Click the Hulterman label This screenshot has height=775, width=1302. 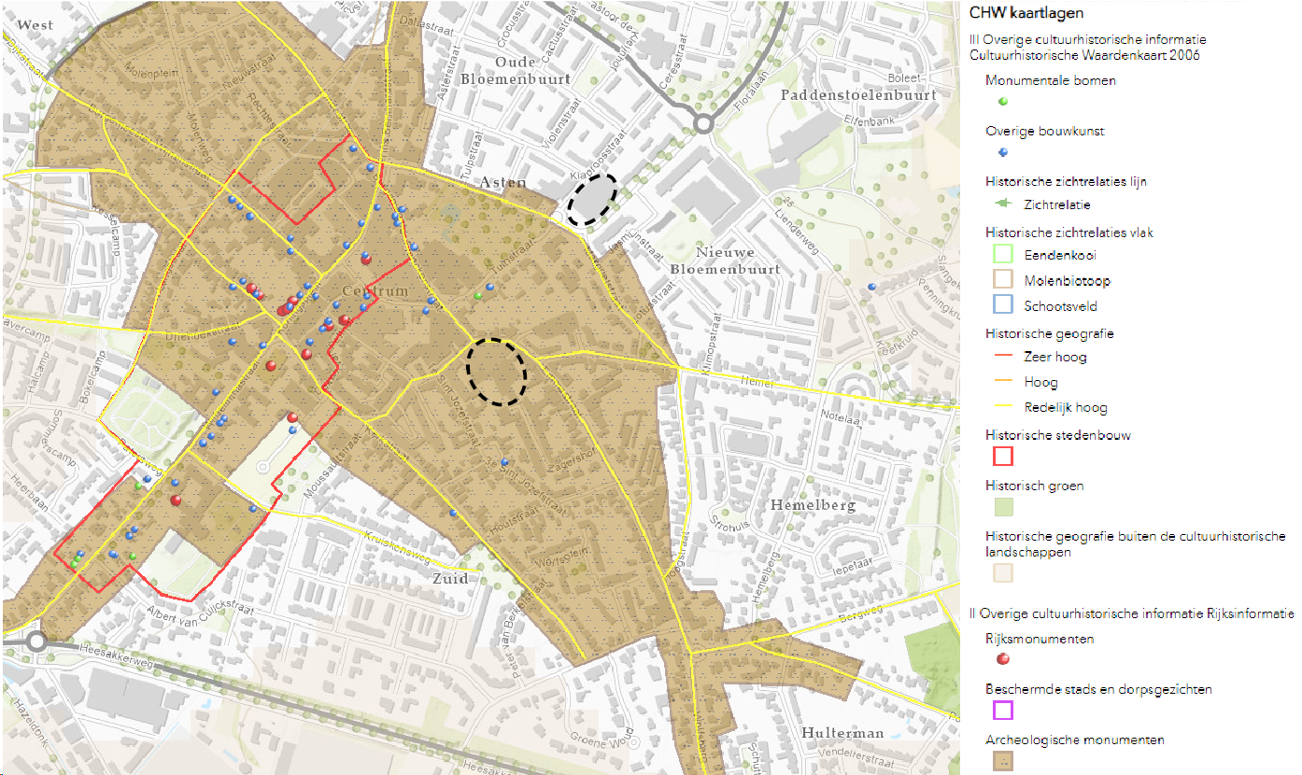(x=842, y=734)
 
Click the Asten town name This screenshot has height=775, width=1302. (x=503, y=183)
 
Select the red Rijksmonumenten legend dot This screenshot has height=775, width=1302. (x=1002, y=659)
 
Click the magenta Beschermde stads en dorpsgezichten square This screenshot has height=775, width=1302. (x=1002, y=711)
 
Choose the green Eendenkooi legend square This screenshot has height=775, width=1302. (x=1002, y=253)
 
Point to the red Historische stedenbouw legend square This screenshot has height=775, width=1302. (x=1002, y=456)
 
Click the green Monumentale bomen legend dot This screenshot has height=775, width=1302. (x=1002, y=101)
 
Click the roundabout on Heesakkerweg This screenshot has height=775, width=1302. (x=37, y=642)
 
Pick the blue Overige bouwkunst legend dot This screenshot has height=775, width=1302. (x=1002, y=151)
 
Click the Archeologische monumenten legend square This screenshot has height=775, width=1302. (x=1002, y=761)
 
